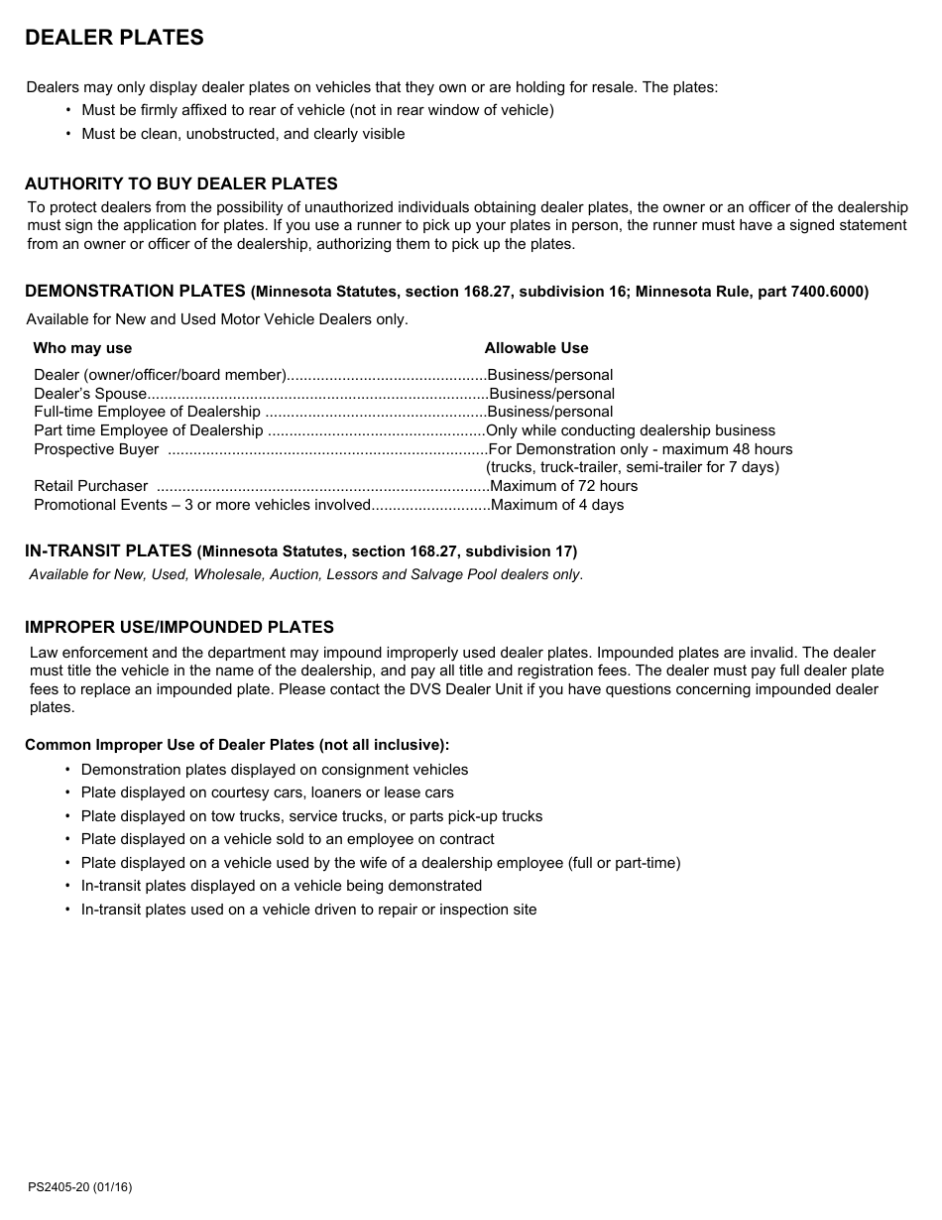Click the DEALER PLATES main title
114,38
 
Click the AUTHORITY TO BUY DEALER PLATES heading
180,183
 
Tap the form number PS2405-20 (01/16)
79,1187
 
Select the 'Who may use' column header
82,348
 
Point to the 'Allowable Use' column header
535,348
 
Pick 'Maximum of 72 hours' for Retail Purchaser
563,486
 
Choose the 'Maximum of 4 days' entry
556,505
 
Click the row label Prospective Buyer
96,449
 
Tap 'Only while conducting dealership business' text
631,430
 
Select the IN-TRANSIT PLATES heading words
108,550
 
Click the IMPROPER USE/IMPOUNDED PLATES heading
178,627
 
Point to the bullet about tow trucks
311,816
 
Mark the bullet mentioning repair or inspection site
308,910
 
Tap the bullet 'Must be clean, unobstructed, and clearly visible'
243,134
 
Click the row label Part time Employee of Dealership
149,430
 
